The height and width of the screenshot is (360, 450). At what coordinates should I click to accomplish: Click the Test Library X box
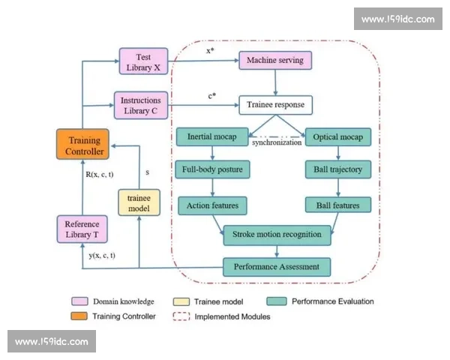143,61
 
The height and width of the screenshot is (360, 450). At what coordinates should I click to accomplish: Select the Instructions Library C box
142,104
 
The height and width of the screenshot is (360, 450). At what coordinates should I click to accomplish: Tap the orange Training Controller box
83,144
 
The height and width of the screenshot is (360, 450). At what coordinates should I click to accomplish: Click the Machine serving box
274,60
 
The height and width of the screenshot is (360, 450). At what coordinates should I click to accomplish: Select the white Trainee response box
275,104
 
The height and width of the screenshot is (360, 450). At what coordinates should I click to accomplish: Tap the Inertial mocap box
212,137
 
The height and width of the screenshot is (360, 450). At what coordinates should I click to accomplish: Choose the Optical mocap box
338,137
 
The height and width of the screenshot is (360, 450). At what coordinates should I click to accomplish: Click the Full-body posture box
213,169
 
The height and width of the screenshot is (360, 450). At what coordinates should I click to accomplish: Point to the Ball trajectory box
338,169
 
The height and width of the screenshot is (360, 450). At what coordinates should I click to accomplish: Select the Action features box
213,204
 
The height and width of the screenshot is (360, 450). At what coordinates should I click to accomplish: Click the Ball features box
338,204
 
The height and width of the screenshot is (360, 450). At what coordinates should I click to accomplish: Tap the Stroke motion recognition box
276,235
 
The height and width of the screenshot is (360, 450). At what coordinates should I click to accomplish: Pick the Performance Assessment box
276,266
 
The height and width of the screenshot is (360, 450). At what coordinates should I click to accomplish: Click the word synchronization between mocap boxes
275,142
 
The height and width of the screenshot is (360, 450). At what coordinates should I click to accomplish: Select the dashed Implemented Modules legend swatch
179,316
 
